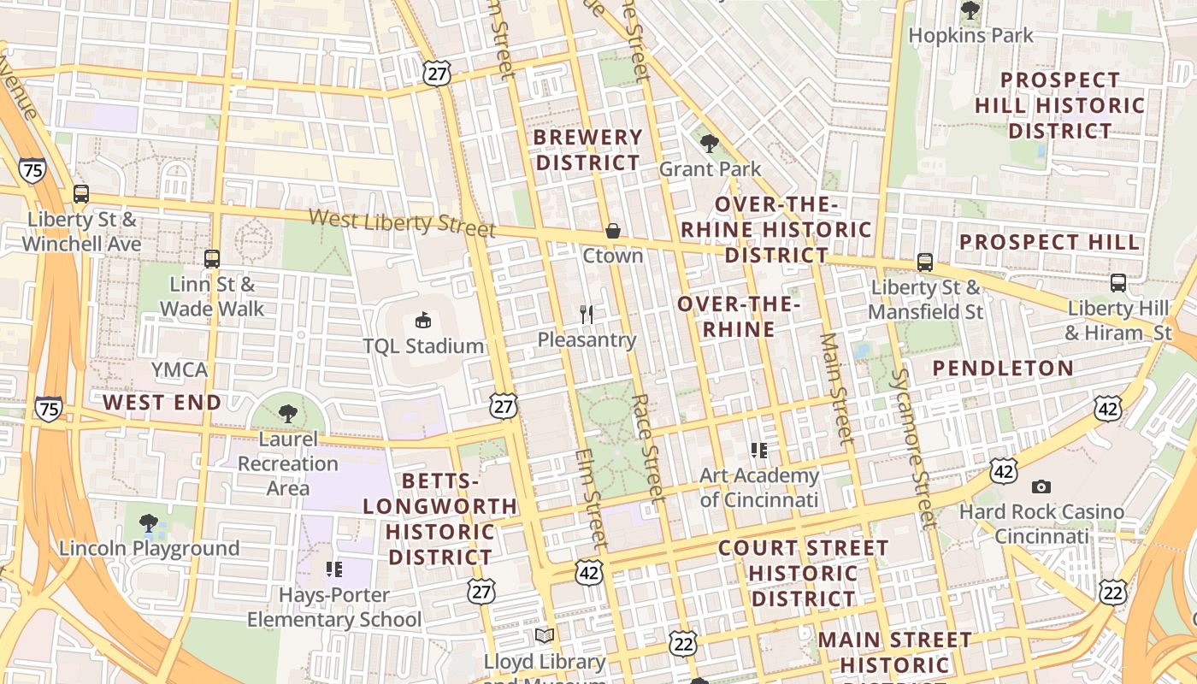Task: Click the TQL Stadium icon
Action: point(422,321)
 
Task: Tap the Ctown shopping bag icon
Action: point(612,230)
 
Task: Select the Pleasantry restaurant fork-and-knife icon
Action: point(587,315)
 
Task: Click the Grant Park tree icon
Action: point(709,143)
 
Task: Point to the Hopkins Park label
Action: point(970,36)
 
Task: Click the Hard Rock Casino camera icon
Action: point(1041,486)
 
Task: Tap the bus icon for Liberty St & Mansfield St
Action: point(924,262)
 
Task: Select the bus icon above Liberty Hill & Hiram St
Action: point(1117,282)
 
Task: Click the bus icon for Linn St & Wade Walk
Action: point(212,257)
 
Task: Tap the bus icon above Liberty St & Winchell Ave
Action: point(80,193)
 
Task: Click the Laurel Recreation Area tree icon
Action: point(288,414)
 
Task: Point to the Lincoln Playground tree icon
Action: point(149,522)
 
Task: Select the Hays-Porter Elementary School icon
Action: point(334,569)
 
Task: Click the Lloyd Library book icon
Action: point(545,635)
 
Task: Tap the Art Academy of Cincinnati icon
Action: point(758,450)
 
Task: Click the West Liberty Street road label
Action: point(402,222)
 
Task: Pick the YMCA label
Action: point(180,369)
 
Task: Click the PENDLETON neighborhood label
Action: point(1003,369)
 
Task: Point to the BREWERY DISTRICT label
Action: point(588,150)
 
